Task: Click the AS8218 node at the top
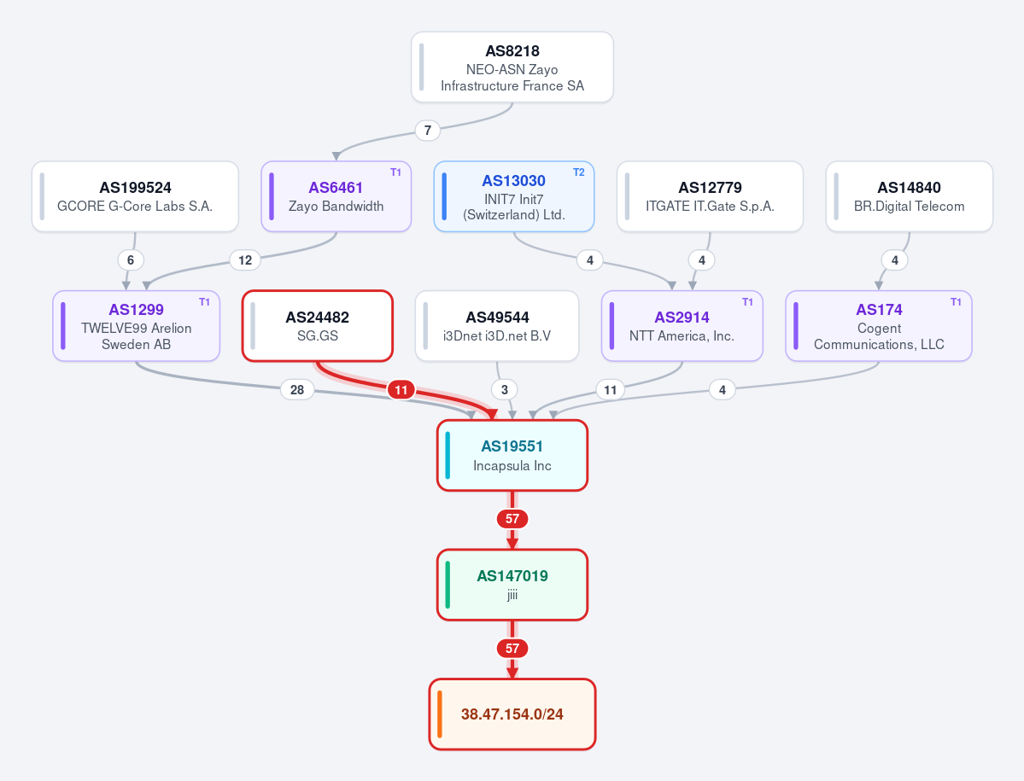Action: [x=512, y=67]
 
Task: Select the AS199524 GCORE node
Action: [x=135, y=196]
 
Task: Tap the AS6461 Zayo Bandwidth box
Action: [x=336, y=196]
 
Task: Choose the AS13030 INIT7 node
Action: [x=514, y=196]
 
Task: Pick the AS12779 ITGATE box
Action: [x=710, y=196]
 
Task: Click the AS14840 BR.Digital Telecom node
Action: [x=909, y=196]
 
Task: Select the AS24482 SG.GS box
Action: [x=318, y=326]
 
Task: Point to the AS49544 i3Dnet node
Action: [x=497, y=326]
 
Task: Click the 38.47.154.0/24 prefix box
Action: [x=512, y=714]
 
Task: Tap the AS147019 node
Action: [x=512, y=585]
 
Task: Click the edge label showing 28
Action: [x=297, y=390]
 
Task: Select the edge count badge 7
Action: [x=428, y=131]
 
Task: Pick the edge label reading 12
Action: [x=245, y=260]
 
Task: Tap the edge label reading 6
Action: [x=131, y=260]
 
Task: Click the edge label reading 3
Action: [x=504, y=390]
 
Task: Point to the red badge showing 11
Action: [x=401, y=390]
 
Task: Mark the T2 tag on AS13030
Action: [x=578, y=172]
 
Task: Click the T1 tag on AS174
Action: [x=956, y=302]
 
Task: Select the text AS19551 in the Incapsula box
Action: [x=512, y=446]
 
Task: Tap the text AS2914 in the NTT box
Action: [x=682, y=318]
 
